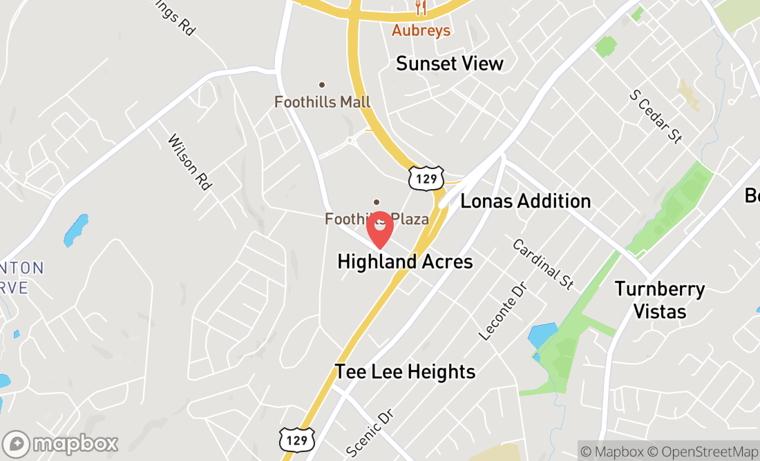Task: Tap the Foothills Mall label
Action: (323, 102)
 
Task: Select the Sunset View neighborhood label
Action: (450, 63)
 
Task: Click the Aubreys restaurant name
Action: (421, 30)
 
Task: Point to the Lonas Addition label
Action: (526, 201)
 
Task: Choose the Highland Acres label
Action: (405, 262)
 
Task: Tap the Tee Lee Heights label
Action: (405, 371)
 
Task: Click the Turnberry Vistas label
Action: (660, 300)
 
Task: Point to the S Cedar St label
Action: (656, 116)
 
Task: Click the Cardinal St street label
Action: (544, 263)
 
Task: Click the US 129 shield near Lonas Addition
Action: (425, 179)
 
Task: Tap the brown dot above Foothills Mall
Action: (321, 85)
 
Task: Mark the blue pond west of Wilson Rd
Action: (76, 230)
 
